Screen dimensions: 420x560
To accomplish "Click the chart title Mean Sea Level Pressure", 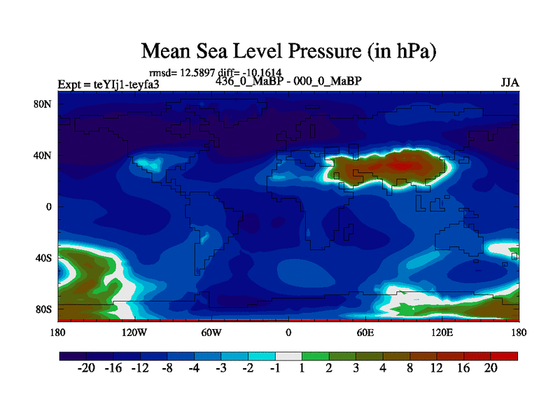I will coord(288,50).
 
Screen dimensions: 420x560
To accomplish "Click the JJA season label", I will coord(510,82).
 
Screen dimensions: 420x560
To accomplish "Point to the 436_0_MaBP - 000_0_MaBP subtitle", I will coord(288,80).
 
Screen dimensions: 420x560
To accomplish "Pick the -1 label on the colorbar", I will coord(275,369).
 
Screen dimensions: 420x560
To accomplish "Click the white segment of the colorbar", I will coord(288,356).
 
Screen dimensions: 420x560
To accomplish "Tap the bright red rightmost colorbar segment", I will coord(504,356).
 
